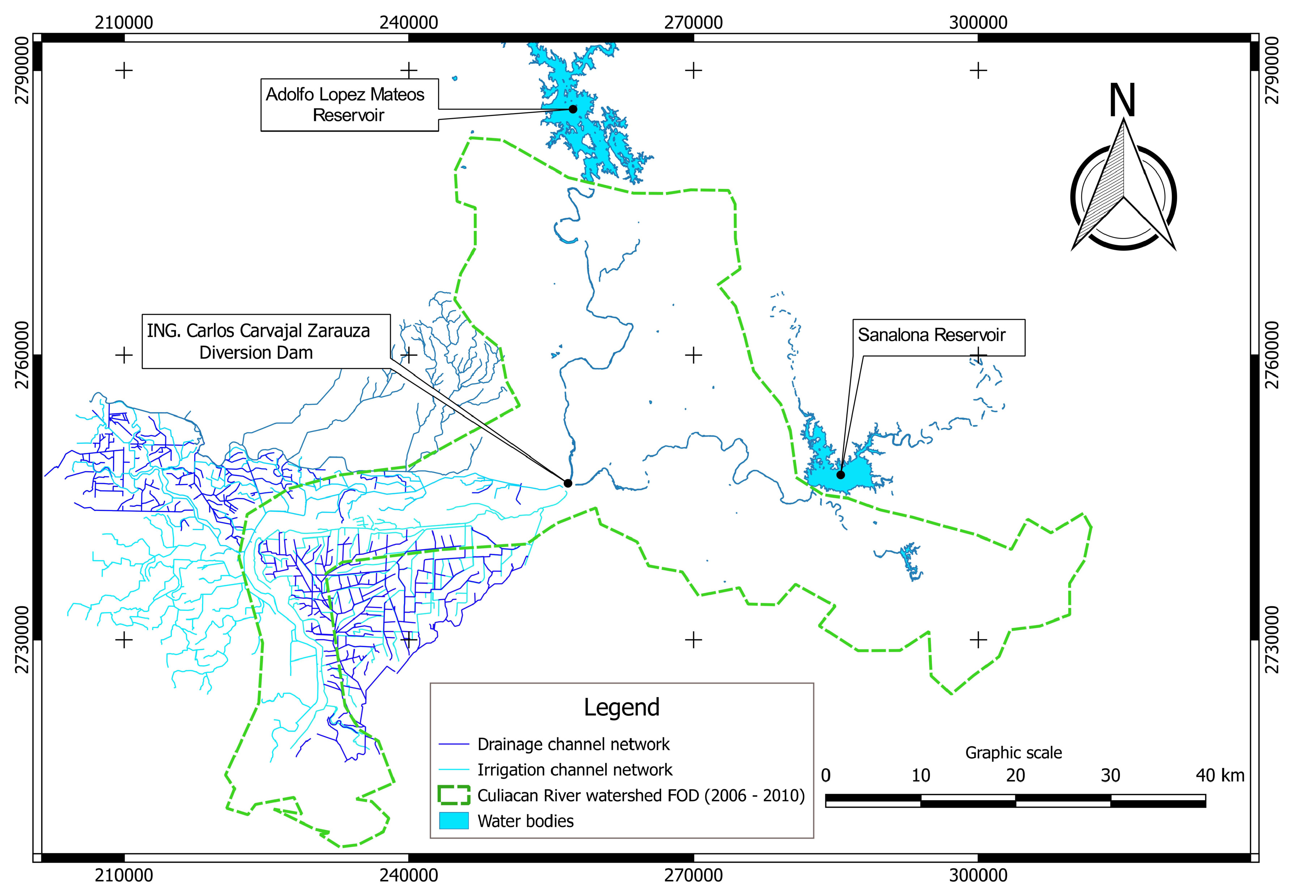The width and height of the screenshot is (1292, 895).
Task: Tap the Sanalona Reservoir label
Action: pyautogui.click(x=932, y=335)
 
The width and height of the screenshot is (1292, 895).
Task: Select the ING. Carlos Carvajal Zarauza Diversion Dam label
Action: pyautogui.click(x=258, y=341)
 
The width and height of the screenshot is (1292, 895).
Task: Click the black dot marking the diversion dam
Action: pyautogui.click(x=568, y=483)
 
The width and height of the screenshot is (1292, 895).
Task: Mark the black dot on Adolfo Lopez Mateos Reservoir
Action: pyautogui.click(x=573, y=109)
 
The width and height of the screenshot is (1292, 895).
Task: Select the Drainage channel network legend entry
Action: pyautogui.click(x=573, y=744)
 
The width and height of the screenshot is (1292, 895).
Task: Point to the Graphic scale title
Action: pyautogui.click(x=1013, y=753)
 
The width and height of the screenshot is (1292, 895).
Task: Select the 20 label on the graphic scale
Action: pyautogui.click(x=1015, y=775)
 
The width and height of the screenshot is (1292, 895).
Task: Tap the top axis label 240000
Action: pyautogui.click(x=409, y=23)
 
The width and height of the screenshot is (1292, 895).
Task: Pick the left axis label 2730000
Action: pyautogui.click(x=21, y=640)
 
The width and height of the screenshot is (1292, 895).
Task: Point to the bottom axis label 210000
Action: pyautogui.click(x=124, y=875)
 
